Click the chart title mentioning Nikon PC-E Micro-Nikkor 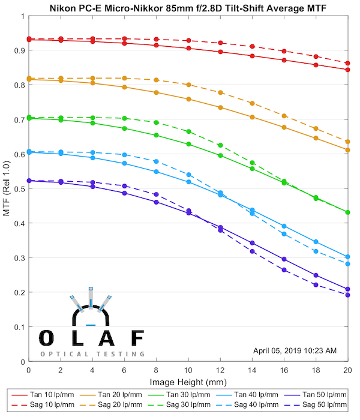[187, 7]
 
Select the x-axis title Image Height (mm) [188, 380]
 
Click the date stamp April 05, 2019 [295, 350]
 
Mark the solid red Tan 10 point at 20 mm [347, 70]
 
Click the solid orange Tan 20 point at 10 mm [188, 99]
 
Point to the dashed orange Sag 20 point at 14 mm [252, 103]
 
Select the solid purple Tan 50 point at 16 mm [284, 259]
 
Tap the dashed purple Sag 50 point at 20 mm [347, 295]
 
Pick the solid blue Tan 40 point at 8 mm [157, 172]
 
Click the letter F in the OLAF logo [137, 338]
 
